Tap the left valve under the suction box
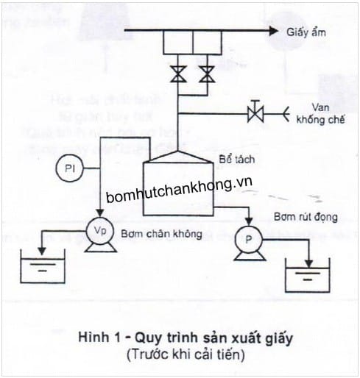point(177,74)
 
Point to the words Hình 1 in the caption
point(94,338)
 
